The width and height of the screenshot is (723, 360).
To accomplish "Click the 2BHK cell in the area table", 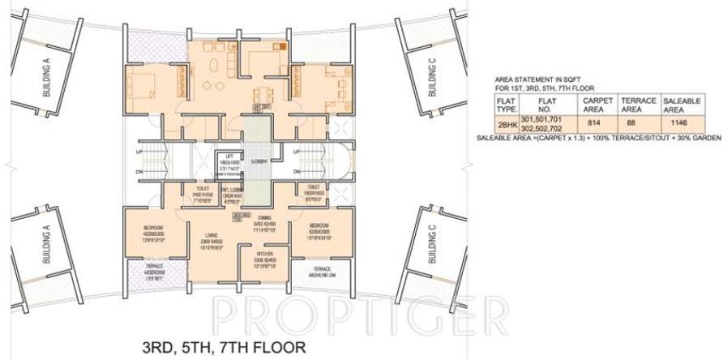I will pos(507,124).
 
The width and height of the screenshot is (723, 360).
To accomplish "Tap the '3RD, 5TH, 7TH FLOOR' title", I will pos(209,349).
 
